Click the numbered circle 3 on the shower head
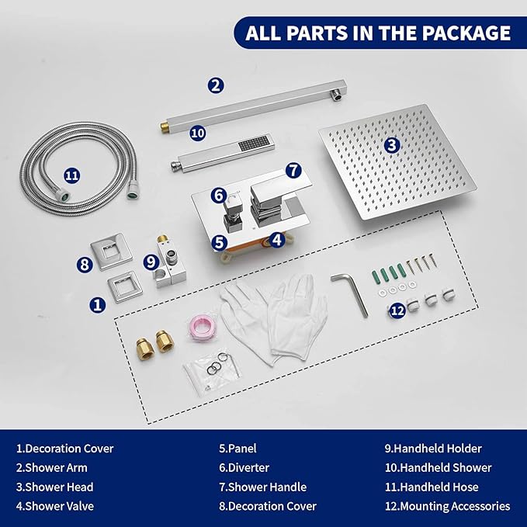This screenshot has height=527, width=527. pyautogui.click(x=392, y=146)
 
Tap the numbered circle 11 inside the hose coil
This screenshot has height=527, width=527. pyautogui.click(x=72, y=175)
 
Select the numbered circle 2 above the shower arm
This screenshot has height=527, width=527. pyautogui.click(x=216, y=85)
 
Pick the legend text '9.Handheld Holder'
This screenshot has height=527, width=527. pyautogui.click(x=433, y=449)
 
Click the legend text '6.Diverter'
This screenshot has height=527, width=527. pyautogui.click(x=244, y=467)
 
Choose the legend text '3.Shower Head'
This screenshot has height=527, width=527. pyautogui.click(x=55, y=487)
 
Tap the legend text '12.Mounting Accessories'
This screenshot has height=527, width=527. pyautogui.click(x=447, y=506)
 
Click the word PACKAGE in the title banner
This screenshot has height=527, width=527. pyautogui.click(x=466, y=33)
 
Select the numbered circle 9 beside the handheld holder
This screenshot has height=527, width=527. pyautogui.click(x=151, y=262)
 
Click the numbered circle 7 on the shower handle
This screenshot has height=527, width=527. pyautogui.click(x=293, y=170)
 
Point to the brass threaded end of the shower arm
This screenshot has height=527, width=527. pyautogui.click(x=165, y=127)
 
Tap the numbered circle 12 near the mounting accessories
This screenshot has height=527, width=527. pyautogui.click(x=397, y=311)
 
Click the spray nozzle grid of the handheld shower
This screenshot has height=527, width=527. pyautogui.click(x=254, y=143)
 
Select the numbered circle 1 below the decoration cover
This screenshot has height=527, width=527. pyautogui.click(x=98, y=305)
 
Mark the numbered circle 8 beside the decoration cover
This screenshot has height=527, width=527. pyautogui.click(x=85, y=264)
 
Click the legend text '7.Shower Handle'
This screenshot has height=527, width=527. pyautogui.click(x=263, y=487)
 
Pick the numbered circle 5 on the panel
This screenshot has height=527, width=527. pyautogui.click(x=219, y=242)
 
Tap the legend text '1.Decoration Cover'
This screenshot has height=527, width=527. pyautogui.click(x=65, y=449)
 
